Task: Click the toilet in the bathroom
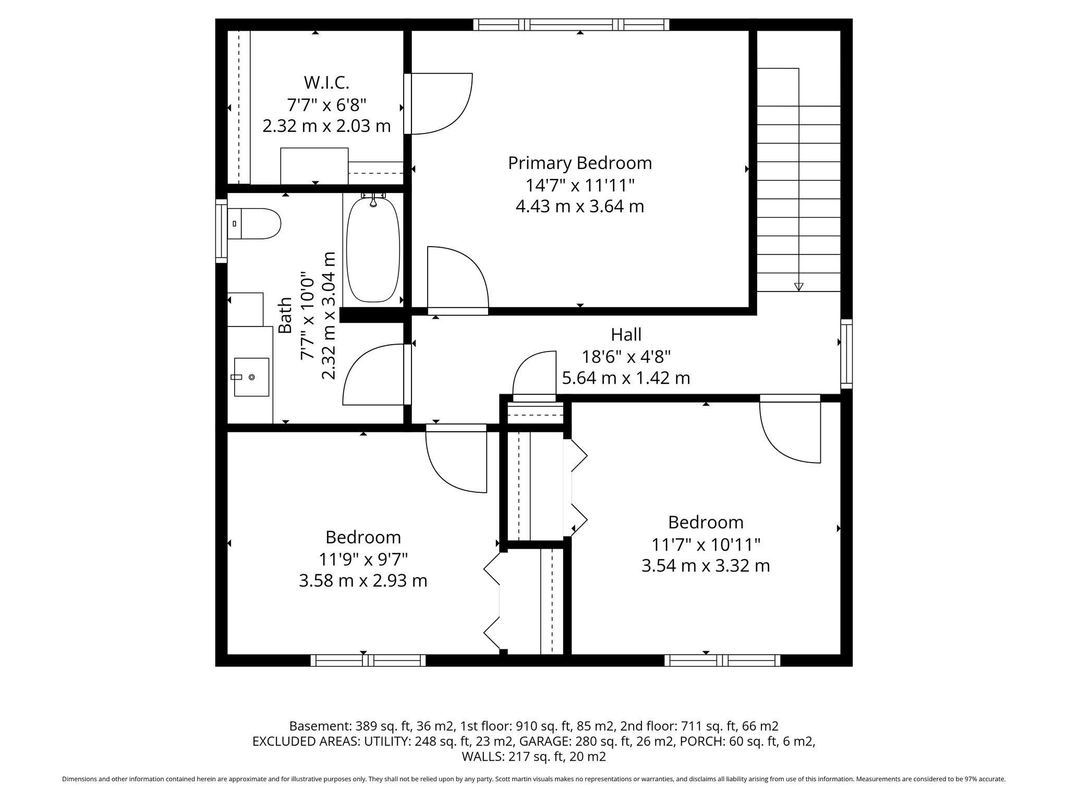click(x=253, y=224)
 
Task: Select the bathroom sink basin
click(x=251, y=377)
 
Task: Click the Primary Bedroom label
click(x=580, y=163)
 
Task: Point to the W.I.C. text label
click(x=326, y=82)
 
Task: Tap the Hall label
click(x=626, y=334)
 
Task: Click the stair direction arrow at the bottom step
click(x=798, y=286)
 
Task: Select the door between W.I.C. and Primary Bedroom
click(x=438, y=104)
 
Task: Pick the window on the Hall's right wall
click(x=846, y=354)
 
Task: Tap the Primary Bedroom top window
click(x=571, y=25)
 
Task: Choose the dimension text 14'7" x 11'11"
click(x=580, y=185)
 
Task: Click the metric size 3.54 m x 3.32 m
click(x=706, y=566)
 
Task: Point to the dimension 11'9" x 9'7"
click(x=363, y=559)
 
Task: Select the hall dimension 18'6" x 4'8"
click(x=626, y=357)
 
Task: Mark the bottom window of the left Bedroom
click(x=368, y=661)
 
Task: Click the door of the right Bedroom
click(x=790, y=429)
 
